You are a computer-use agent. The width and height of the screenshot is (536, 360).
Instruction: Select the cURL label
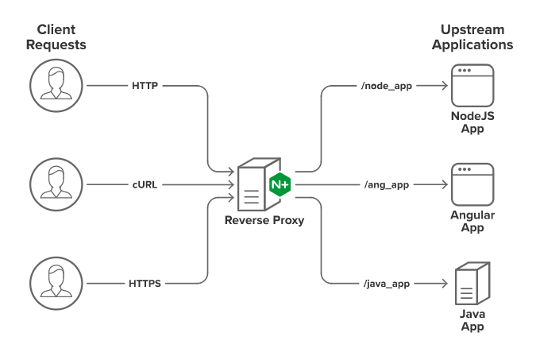[145, 184]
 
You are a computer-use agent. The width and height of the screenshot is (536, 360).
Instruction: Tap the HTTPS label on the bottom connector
[145, 283]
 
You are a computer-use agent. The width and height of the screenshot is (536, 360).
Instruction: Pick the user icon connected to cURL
[55, 184]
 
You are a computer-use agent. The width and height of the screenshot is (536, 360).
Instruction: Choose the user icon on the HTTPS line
[55, 283]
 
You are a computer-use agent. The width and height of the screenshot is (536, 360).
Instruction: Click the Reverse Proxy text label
[264, 221]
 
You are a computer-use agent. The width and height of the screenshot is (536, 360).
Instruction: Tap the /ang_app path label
[387, 184]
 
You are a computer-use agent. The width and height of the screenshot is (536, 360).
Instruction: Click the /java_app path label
[387, 283]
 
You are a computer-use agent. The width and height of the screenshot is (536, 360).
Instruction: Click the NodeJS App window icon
[472, 85]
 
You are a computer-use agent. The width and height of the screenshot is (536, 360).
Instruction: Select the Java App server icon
[472, 284]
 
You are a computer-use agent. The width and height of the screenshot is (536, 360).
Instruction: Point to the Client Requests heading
[56, 37]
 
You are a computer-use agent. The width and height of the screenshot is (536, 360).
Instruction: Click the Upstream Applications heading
[472, 37]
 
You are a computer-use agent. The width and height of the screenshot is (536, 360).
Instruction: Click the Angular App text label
[472, 221]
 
